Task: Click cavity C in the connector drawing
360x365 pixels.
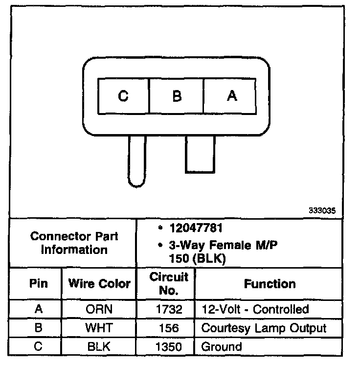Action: (123, 96)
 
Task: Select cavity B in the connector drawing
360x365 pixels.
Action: (177, 96)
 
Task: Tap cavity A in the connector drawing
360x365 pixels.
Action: (231, 96)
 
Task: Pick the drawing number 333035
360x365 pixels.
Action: (322, 211)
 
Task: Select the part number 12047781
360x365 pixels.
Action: (192, 228)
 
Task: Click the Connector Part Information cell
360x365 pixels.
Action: (74, 243)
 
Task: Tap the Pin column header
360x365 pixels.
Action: (38, 283)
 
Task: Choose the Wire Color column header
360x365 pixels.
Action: (99, 283)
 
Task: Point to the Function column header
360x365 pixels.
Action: (270, 283)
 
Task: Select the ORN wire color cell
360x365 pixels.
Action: (99, 309)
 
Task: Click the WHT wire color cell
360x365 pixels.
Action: (99, 328)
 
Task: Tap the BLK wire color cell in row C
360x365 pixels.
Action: (99, 347)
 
